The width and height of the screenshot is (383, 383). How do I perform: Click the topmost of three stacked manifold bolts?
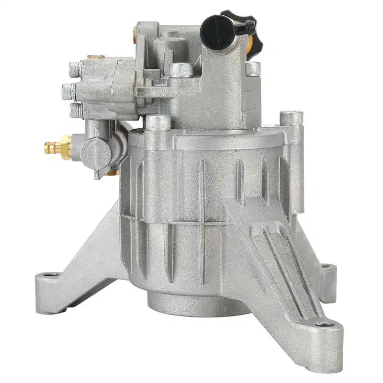(74, 69)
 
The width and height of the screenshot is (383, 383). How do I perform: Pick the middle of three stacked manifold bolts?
(68, 90)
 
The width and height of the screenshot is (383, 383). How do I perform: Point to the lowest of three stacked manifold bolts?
(75, 111)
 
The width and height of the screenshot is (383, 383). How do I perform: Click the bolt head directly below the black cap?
(180, 70)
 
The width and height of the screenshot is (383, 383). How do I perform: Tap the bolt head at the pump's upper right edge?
(253, 68)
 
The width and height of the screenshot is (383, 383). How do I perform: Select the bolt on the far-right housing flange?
(291, 118)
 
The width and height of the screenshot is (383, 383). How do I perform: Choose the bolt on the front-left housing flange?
(158, 123)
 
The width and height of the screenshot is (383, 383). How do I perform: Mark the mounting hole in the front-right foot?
(325, 324)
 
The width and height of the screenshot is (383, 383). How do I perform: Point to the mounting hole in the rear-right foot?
(326, 266)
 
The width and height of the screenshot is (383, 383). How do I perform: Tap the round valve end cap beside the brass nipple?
(96, 154)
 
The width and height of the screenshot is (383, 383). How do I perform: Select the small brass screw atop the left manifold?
(95, 57)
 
